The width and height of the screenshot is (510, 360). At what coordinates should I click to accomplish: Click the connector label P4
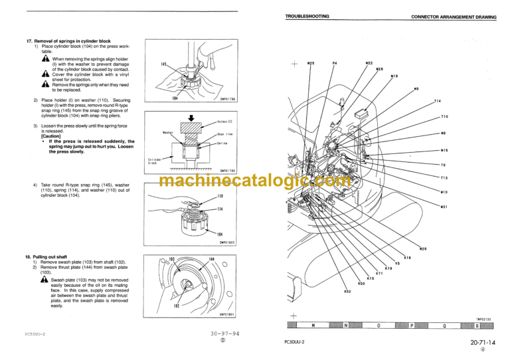click(x=335, y=63)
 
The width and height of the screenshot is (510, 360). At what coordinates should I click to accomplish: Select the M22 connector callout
click(x=369, y=63)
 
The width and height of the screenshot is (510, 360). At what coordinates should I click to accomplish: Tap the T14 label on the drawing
click(x=438, y=101)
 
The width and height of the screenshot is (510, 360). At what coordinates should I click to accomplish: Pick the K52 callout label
click(x=347, y=291)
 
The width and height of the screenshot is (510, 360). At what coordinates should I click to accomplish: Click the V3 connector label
click(x=397, y=263)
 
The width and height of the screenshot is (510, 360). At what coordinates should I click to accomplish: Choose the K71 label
click(x=379, y=273)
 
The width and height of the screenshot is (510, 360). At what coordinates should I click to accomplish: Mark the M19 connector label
click(x=394, y=76)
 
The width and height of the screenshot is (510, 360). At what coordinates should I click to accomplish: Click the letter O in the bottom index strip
click(x=379, y=326)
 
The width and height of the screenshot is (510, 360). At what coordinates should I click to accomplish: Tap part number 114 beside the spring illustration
click(x=220, y=210)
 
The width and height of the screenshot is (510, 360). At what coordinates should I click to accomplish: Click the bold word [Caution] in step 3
click(x=51, y=135)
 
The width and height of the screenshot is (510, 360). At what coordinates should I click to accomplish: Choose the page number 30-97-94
click(x=224, y=334)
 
